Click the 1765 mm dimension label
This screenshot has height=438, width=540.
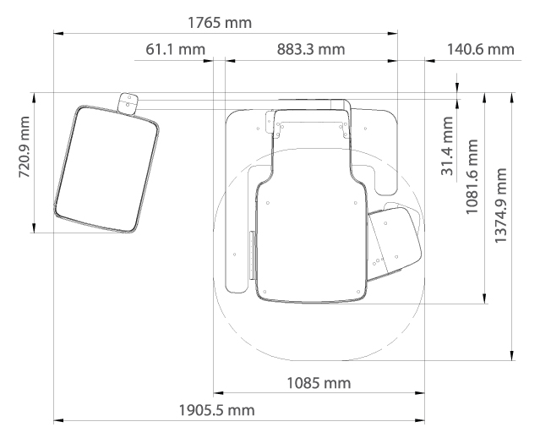220,23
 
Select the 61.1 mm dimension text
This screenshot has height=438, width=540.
175,49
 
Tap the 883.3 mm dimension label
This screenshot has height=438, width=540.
311,49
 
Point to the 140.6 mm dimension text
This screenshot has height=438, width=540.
480,49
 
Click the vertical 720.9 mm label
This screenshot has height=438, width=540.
25,147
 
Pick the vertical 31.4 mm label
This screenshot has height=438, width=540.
447,145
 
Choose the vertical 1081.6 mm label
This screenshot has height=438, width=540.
472,177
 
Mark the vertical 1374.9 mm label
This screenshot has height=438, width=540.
501,205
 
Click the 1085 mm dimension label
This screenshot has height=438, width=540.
319,383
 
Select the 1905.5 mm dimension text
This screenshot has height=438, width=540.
217,410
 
